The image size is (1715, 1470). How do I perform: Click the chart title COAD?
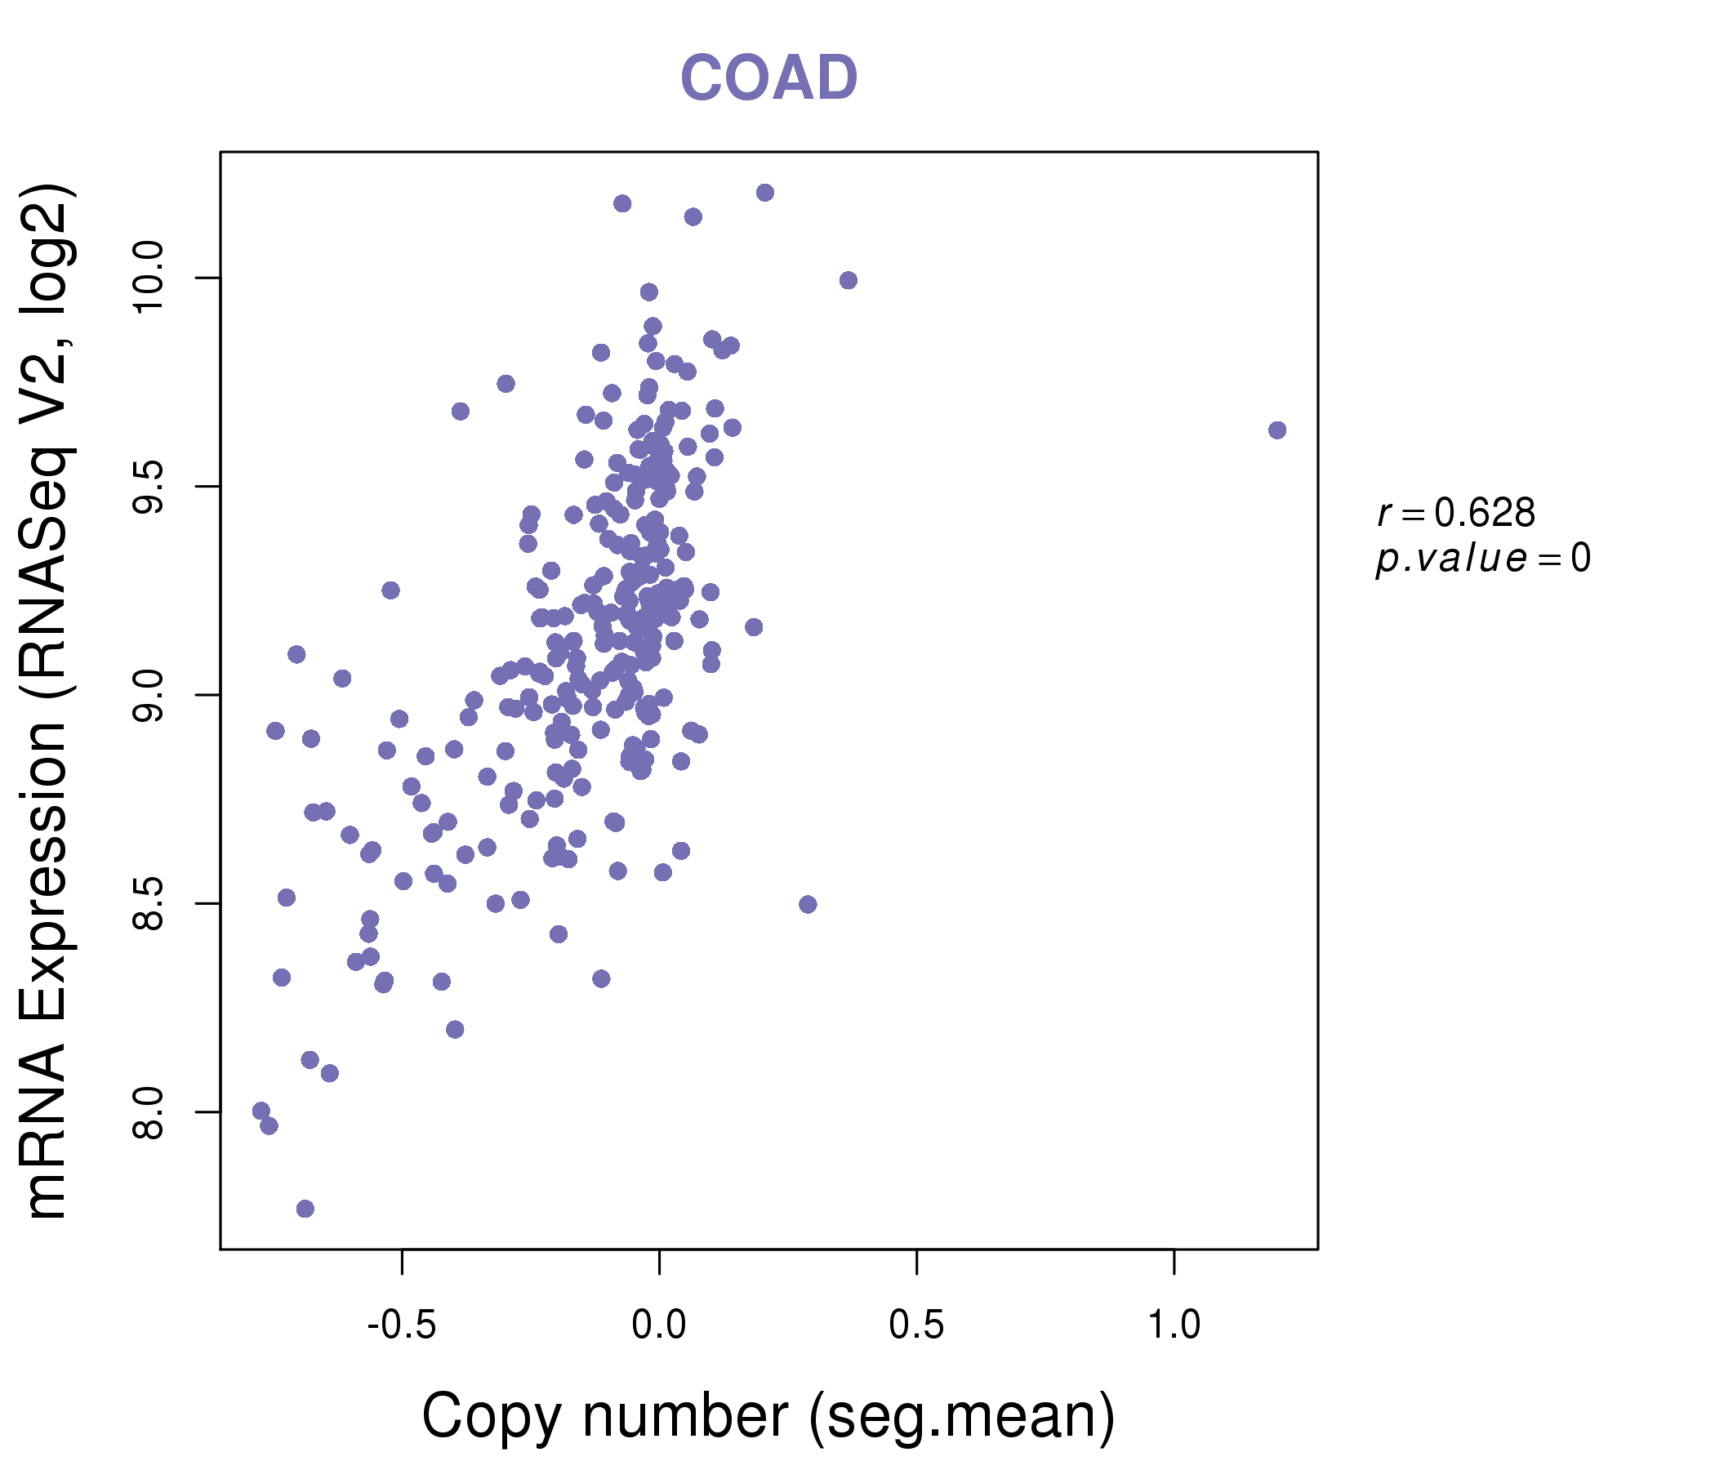[768, 78]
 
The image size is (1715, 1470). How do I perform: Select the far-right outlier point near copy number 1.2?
[1277, 430]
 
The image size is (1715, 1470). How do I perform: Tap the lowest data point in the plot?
[305, 1209]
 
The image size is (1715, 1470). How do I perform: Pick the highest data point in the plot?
[764, 193]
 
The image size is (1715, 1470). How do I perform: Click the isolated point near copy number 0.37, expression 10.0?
[849, 281]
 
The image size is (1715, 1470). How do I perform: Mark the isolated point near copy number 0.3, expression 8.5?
[808, 904]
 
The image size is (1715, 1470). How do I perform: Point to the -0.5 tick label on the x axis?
[402, 1325]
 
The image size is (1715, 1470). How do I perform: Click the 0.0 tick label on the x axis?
[659, 1325]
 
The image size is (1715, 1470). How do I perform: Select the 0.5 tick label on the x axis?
[916, 1325]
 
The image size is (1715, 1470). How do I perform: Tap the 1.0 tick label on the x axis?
[1174, 1325]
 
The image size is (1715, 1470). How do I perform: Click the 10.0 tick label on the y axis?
[150, 278]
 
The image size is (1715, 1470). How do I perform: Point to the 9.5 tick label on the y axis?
[150, 487]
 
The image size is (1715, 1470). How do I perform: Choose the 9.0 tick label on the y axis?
[150, 695]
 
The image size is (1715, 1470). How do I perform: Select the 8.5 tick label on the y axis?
[150, 904]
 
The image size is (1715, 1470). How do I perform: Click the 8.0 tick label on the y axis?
[150, 1112]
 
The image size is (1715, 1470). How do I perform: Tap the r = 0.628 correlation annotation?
[1456, 513]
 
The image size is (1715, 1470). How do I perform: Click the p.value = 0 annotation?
[1482, 559]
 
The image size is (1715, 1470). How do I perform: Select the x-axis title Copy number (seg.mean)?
[768, 1416]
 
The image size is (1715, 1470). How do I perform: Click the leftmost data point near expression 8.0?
[261, 1111]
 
